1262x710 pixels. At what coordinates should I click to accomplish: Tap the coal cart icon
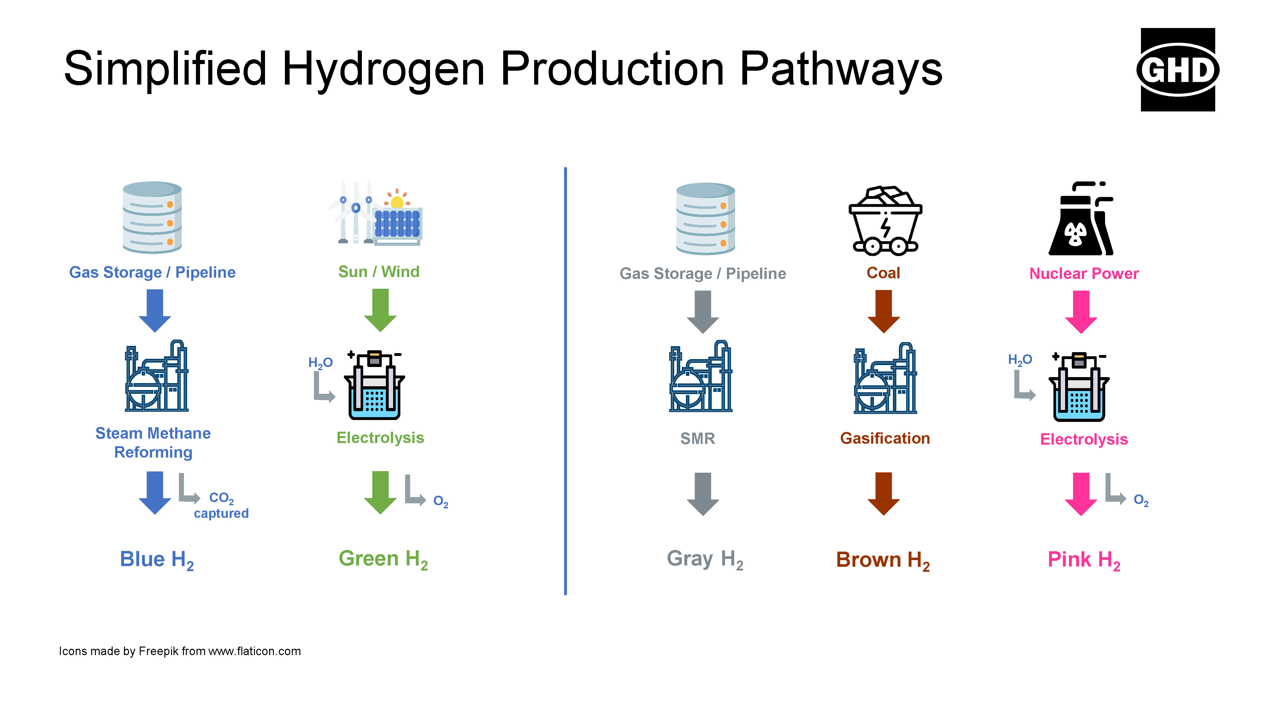click(885, 221)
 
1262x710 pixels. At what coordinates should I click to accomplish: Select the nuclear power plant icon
click(1081, 219)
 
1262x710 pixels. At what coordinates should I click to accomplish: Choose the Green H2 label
click(383, 559)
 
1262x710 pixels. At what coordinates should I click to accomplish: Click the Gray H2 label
click(705, 559)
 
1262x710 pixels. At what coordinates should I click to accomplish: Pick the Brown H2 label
click(883, 560)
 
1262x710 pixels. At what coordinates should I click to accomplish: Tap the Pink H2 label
click(1084, 560)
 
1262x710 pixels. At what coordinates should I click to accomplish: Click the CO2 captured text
click(221, 505)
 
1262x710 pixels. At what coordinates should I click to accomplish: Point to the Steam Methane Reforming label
click(153, 442)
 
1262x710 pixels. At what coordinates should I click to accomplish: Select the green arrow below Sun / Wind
click(380, 310)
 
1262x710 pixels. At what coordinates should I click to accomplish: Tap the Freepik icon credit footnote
click(180, 651)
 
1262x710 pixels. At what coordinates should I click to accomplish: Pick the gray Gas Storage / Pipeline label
click(703, 273)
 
